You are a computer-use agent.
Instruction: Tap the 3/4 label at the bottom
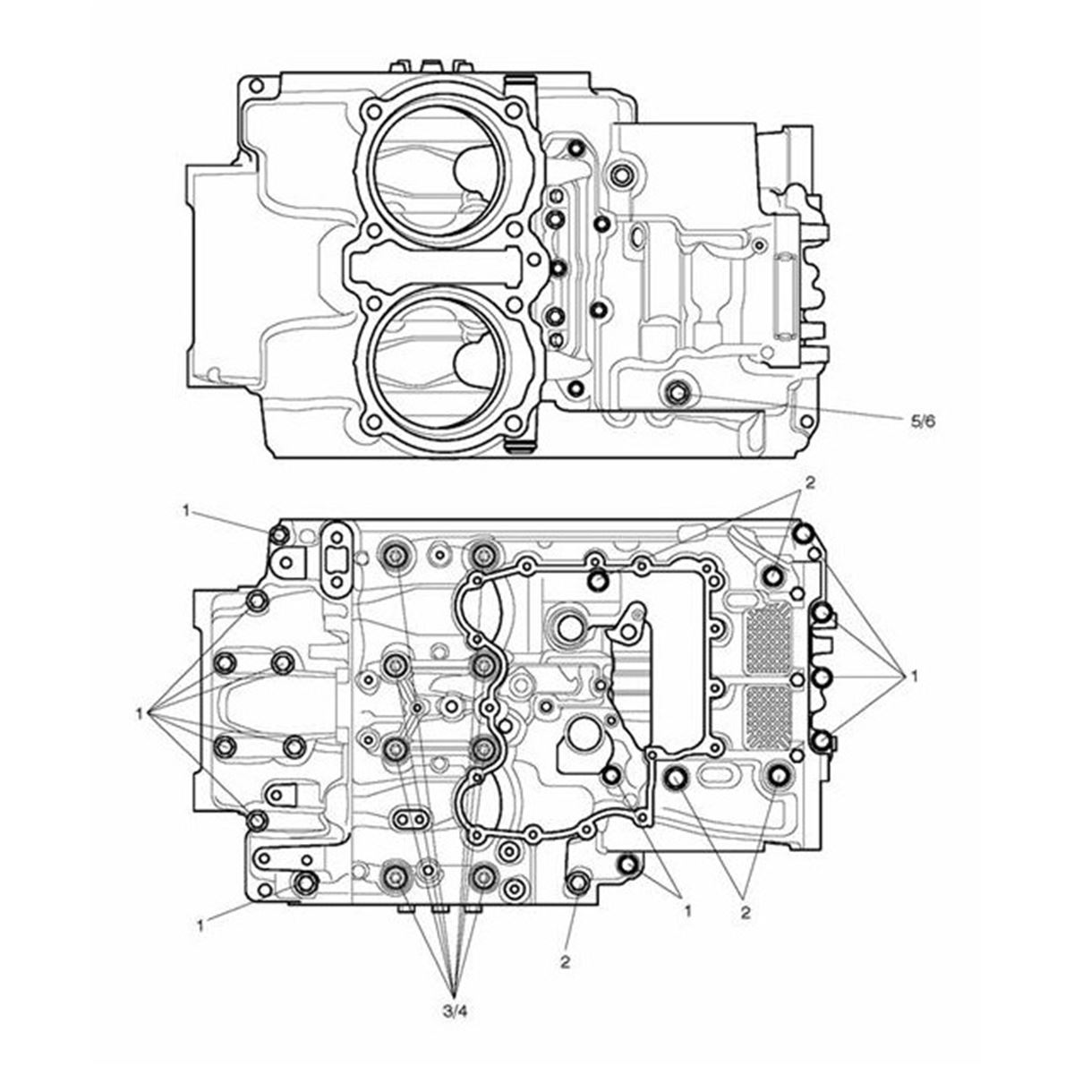(455, 1011)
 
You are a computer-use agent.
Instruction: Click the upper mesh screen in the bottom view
(769, 640)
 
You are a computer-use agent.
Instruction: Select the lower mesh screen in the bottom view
(769, 721)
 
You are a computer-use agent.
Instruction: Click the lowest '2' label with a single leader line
(566, 963)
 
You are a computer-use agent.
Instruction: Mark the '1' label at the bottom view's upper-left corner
(185, 510)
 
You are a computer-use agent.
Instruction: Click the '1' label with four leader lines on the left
(141, 713)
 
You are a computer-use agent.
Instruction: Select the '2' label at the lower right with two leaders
(744, 914)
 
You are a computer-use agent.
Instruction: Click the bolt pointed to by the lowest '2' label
(575, 882)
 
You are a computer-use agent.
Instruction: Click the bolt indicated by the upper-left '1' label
(278, 535)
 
